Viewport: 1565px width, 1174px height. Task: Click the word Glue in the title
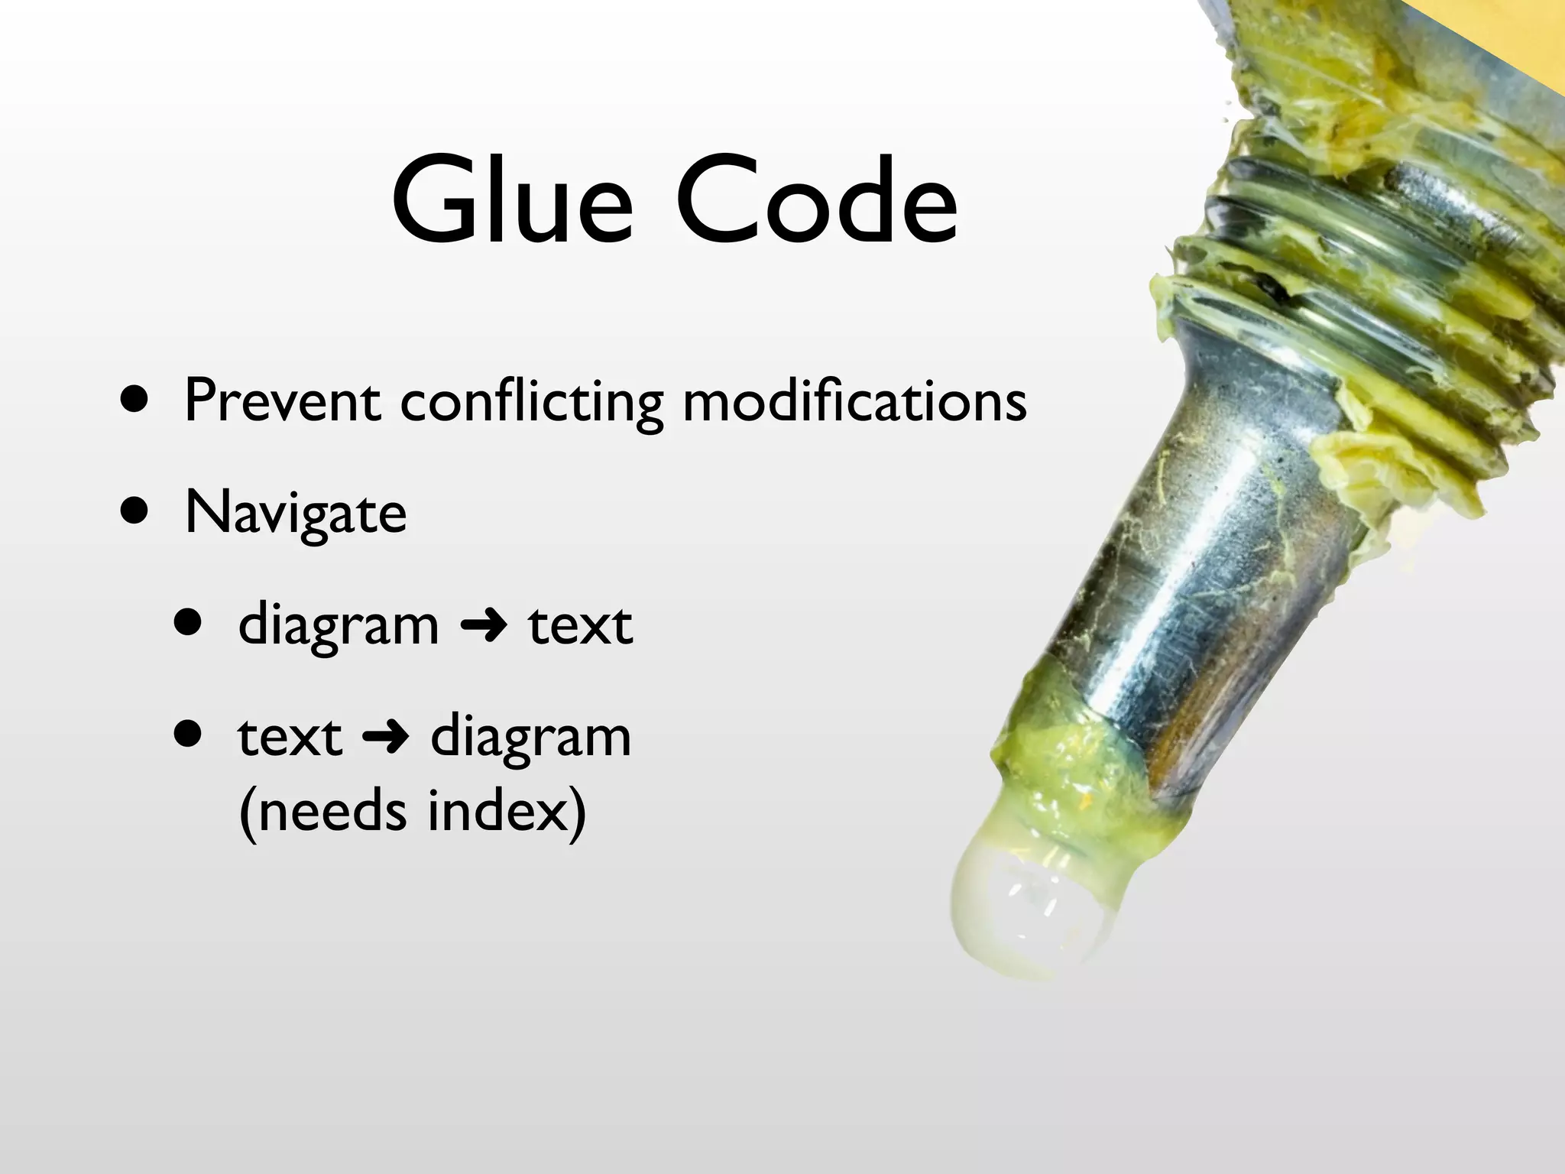[x=512, y=200]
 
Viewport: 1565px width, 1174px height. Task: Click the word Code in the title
[x=816, y=200]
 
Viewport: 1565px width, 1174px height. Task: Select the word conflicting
[x=532, y=402]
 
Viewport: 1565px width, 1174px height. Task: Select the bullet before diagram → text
[x=188, y=623]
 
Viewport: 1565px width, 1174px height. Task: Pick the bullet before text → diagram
[x=188, y=735]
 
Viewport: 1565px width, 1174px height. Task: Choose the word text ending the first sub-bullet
[x=581, y=626]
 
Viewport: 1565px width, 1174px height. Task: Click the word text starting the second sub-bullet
[x=290, y=738]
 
